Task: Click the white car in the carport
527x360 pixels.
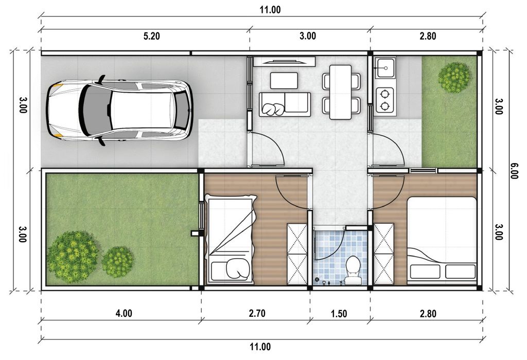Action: (119, 111)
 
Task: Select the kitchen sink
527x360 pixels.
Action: (385, 68)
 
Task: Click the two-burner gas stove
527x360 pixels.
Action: (384, 100)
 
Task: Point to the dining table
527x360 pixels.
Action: (341, 92)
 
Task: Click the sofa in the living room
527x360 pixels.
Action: (285, 104)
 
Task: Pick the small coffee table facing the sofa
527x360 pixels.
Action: (284, 81)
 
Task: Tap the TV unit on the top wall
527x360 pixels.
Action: (284, 62)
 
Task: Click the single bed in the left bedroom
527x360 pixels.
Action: (231, 239)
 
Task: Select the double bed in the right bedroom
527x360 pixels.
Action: (442, 241)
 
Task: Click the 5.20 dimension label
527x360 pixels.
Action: (152, 36)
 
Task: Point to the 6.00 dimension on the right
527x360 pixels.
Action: (514, 171)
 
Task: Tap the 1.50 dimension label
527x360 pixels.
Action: (339, 314)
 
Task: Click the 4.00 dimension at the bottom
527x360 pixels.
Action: (124, 314)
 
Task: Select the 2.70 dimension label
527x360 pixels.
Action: (257, 313)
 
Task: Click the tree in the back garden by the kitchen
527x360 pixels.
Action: (454, 77)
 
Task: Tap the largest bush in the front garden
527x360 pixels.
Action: (73, 256)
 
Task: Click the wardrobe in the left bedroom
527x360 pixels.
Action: (297, 254)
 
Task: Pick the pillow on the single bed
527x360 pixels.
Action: (238, 268)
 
